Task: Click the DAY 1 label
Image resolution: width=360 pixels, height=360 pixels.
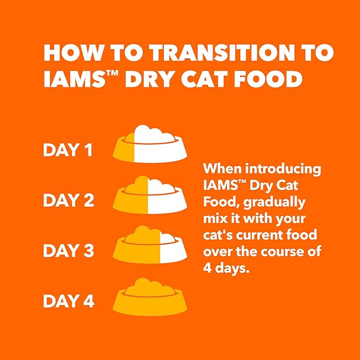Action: point(68,151)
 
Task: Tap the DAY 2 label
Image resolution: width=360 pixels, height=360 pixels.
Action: point(68,201)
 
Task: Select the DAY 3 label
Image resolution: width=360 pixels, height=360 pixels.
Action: point(68,251)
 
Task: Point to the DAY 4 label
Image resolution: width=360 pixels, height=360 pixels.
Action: point(68,301)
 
